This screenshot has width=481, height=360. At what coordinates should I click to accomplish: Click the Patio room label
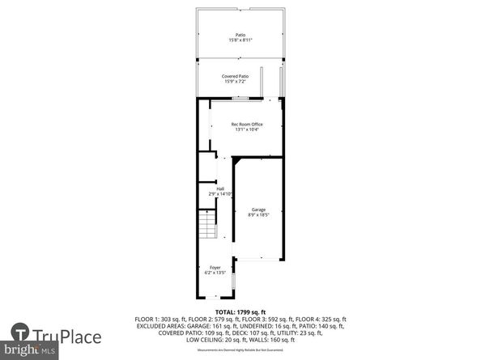coord(240,35)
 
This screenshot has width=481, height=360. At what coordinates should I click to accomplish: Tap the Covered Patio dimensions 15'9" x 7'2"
coord(236,82)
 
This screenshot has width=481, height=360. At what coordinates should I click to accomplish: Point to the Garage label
coord(258,210)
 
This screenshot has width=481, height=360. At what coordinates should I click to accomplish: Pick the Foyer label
coord(215,267)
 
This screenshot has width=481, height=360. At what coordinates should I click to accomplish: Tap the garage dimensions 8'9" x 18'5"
coord(258,215)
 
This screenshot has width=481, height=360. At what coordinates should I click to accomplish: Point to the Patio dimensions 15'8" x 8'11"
coord(240,40)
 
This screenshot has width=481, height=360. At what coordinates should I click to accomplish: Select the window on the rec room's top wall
coord(240,98)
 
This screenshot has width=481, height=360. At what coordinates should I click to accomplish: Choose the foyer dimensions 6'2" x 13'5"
coord(215,273)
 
